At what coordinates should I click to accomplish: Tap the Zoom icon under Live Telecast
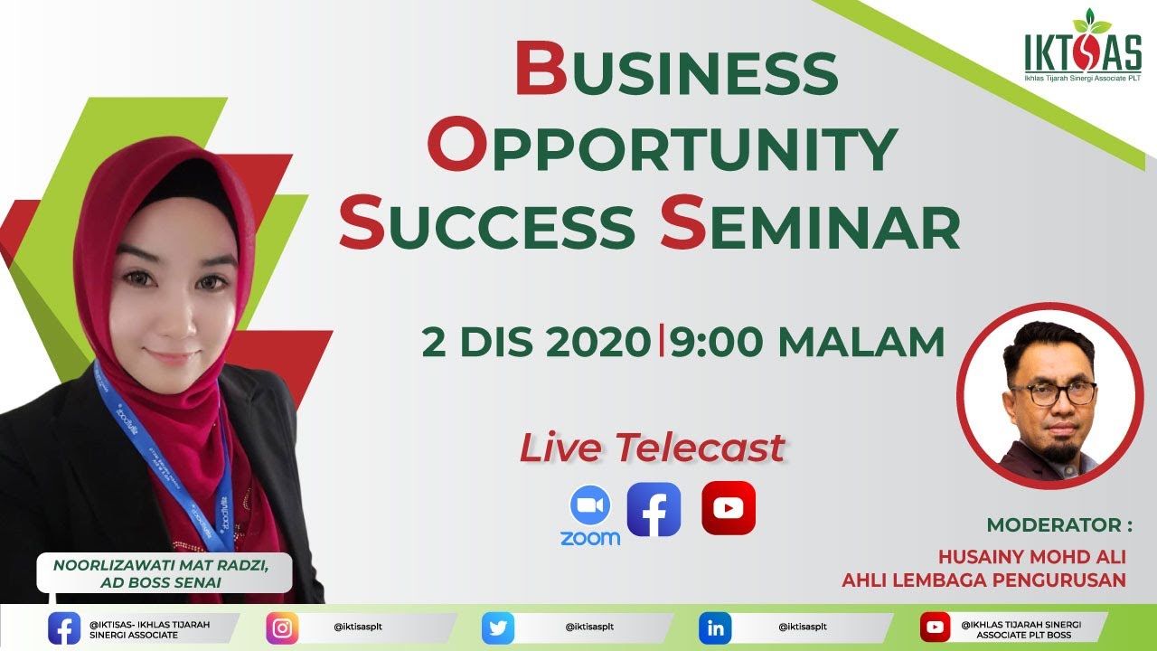pyautogui.click(x=590, y=516)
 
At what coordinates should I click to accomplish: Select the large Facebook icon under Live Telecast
pyautogui.click(x=654, y=510)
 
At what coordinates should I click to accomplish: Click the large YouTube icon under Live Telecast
pyautogui.click(x=728, y=508)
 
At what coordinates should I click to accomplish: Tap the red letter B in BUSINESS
pyautogui.click(x=541, y=71)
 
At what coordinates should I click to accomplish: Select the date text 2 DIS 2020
pyautogui.click(x=537, y=342)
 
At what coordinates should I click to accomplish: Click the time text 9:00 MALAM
pyautogui.click(x=807, y=342)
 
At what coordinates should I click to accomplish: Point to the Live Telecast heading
pyautogui.click(x=652, y=448)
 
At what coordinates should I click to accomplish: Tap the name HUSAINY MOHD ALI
pyautogui.click(x=1031, y=556)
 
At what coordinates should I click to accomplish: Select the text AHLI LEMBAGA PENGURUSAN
pyautogui.click(x=983, y=580)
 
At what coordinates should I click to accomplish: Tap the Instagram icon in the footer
pyautogui.click(x=282, y=627)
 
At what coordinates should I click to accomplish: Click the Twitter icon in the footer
pyautogui.click(x=498, y=627)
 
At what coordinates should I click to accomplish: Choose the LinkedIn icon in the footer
pyautogui.click(x=715, y=627)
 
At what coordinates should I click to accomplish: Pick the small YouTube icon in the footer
pyautogui.click(x=935, y=627)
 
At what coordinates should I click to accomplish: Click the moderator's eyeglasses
pyautogui.click(x=1052, y=393)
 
